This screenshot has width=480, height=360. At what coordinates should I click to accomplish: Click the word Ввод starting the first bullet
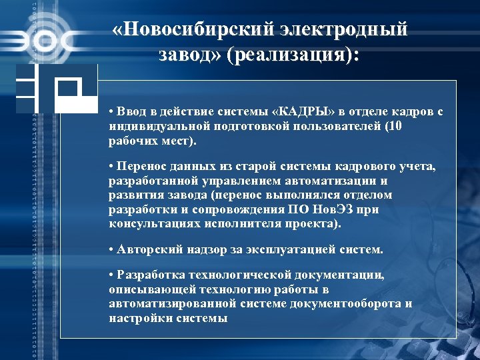(x=131, y=112)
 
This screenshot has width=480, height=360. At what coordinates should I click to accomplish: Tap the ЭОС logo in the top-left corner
(x=40, y=40)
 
